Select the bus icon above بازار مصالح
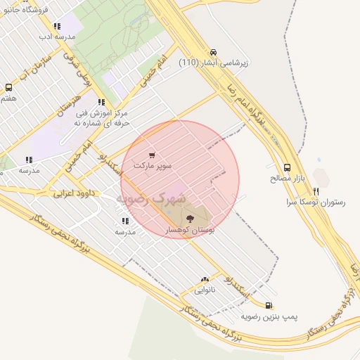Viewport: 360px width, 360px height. [287, 167]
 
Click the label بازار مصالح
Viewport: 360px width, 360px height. [286, 179]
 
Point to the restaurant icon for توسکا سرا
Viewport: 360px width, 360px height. [316, 191]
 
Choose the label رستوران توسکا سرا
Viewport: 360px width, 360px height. [316, 202]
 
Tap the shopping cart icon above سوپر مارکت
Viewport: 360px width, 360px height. [153, 155]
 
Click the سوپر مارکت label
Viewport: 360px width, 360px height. [153, 165]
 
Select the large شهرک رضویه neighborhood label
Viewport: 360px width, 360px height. [150, 199]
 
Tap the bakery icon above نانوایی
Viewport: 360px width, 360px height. [205, 278]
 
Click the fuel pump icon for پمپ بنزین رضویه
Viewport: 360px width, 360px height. [269, 305]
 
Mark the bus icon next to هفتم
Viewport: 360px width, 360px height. [8, 88]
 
